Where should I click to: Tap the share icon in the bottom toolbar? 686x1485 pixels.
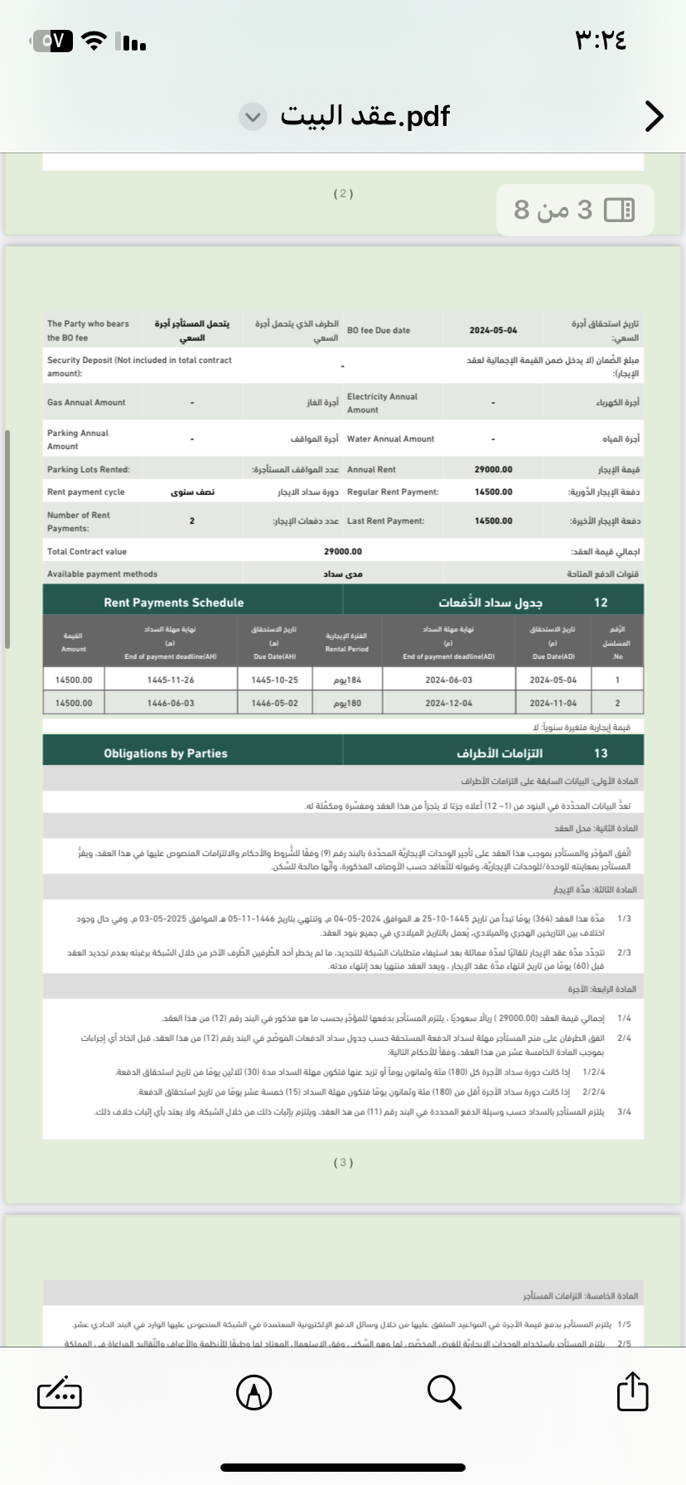point(632,1391)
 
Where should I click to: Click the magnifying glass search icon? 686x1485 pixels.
point(444,1391)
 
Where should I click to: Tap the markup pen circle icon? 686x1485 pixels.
point(254,1392)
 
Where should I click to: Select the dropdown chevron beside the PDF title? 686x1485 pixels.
point(254,117)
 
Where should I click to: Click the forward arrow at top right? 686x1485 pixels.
point(654,117)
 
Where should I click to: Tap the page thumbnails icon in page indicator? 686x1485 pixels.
point(619,210)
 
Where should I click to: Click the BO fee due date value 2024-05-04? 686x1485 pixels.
point(493,331)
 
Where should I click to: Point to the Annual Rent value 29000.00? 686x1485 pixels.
point(493,470)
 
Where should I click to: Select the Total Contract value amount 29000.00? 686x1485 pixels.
point(343,552)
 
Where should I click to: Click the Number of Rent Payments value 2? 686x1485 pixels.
point(191,521)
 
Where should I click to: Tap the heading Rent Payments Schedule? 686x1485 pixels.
point(174,602)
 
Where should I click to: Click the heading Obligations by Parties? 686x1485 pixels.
point(166,753)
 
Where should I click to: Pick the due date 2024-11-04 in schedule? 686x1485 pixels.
point(553,703)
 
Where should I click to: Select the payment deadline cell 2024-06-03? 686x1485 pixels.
point(448,680)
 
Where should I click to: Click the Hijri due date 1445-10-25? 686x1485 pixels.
point(274,680)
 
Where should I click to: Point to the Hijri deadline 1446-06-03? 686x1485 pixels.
point(171,703)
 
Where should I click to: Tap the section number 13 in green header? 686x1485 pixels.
point(601,753)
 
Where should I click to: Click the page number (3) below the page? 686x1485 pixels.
point(343,1163)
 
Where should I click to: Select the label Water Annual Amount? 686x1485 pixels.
point(390,439)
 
